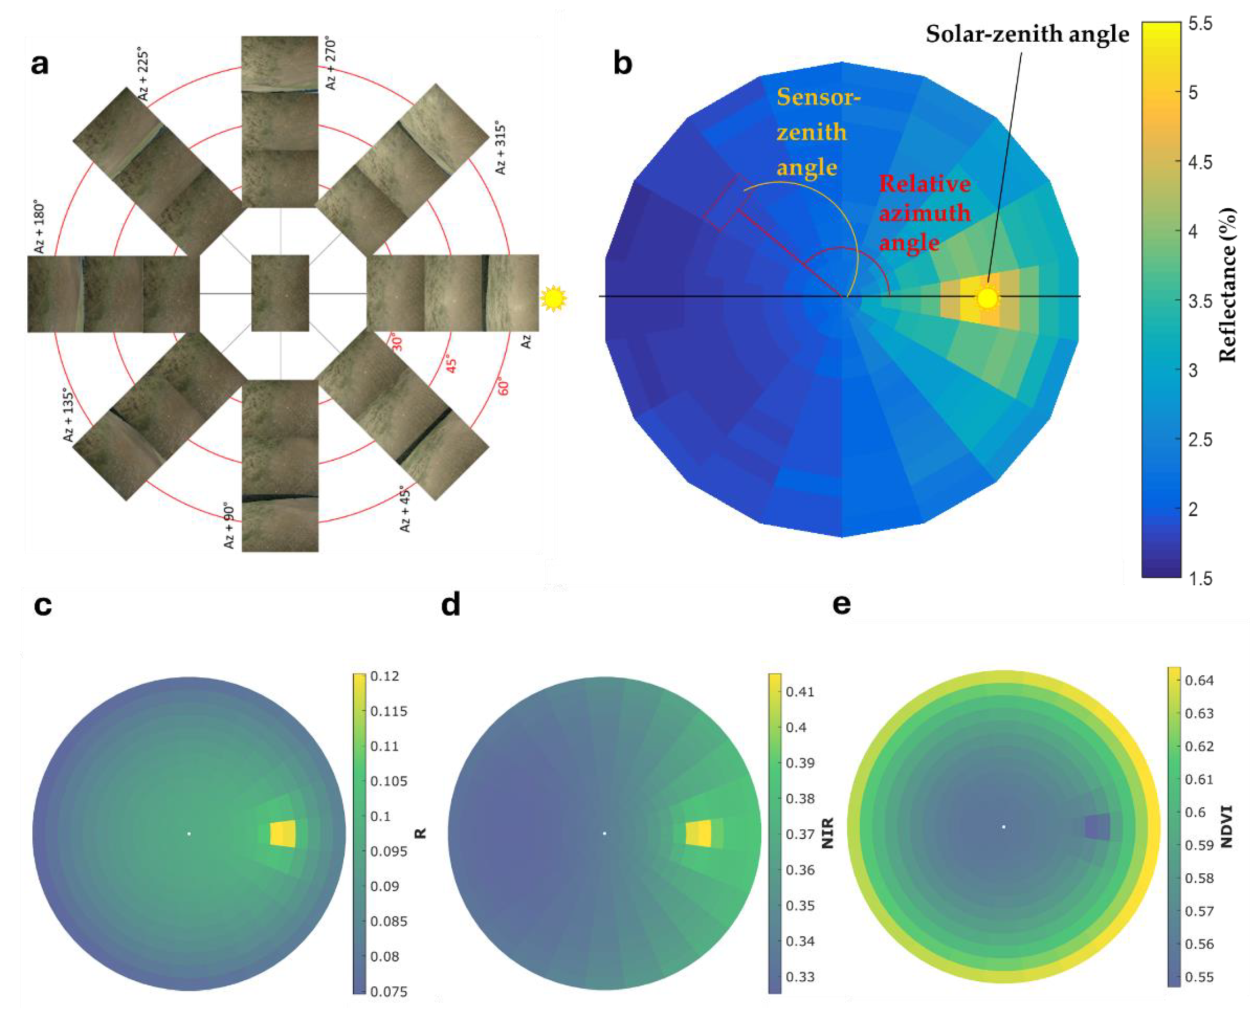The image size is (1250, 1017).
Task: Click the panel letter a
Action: [x=39, y=64]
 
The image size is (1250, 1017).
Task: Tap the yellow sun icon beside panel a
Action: [x=553, y=298]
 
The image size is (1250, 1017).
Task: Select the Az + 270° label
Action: [x=331, y=64]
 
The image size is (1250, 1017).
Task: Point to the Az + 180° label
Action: [x=39, y=229]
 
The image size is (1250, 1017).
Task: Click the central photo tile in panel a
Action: [x=280, y=293]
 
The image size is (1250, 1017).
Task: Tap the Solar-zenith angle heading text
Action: [x=1027, y=34]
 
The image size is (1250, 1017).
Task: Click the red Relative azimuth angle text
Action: [x=924, y=213]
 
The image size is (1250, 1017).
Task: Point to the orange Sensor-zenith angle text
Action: [x=817, y=132]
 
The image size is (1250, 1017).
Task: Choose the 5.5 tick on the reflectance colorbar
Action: [x=1200, y=25]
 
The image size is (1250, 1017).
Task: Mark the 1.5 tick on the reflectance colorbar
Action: [x=1200, y=578]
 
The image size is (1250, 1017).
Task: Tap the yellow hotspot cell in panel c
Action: [x=283, y=833]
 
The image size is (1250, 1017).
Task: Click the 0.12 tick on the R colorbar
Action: [x=385, y=676]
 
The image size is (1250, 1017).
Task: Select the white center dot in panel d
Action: [x=604, y=833]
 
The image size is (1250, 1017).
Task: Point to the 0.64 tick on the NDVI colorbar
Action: [x=1199, y=680]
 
